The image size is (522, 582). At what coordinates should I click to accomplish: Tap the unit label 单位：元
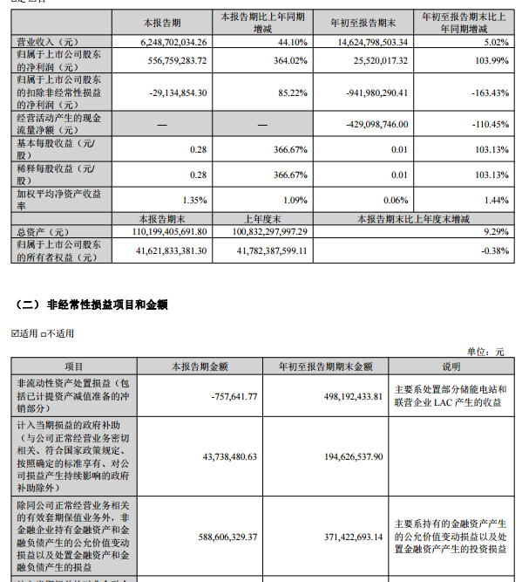(x=486, y=352)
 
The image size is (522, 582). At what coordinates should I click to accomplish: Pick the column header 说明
(x=451, y=366)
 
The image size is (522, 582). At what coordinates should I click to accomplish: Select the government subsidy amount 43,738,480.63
(x=220, y=455)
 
